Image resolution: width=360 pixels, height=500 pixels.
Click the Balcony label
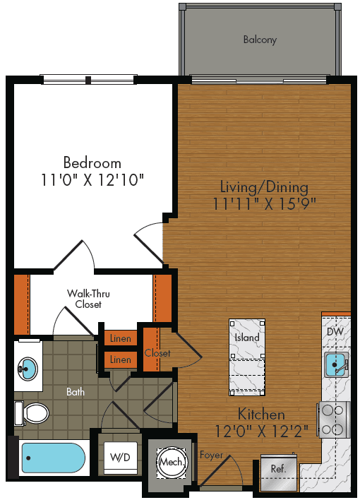tap(260, 40)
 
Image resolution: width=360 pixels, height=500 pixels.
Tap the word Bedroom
tap(92, 162)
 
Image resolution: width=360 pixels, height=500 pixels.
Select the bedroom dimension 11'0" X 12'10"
tap(92, 180)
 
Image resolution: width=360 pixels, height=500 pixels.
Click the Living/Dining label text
tap(264, 187)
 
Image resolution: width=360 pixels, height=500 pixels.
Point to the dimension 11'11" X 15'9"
tap(264, 204)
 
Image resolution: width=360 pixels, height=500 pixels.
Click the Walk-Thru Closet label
tap(88, 299)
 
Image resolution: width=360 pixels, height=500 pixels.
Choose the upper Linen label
tap(120, 339)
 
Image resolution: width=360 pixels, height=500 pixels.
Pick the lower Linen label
tap(120, 360)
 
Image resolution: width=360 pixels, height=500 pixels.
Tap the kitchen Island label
tap(246, 338)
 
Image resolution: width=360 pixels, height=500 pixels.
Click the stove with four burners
tap(335, 418)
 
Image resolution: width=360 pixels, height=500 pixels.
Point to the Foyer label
tap(211, 456)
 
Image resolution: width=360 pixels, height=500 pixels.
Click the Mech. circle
tap(170, 462)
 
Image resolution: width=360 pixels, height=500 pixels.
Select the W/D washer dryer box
tap(121, 458)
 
